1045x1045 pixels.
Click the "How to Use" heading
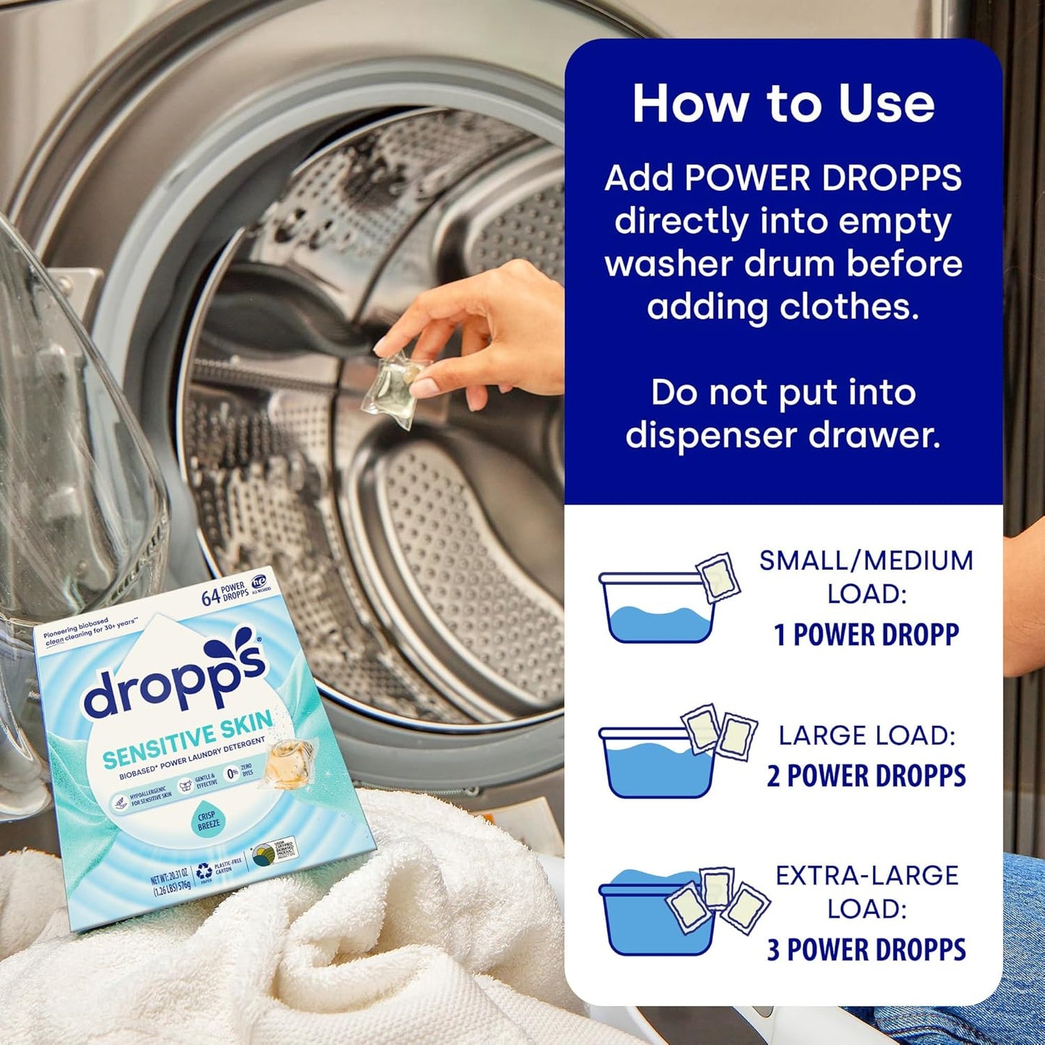[x=783, y=103]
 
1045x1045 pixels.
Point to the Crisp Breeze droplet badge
[x=208, y=819]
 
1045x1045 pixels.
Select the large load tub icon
[x=658, y=761]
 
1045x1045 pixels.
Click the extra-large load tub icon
[x=658, y=915]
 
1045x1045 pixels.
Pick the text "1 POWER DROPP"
[x=866, y=635]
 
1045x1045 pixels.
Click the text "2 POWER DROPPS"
[x=866, y=775]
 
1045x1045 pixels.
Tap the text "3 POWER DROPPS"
[x=866, y=950]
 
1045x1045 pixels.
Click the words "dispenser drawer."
[x=783, y=435]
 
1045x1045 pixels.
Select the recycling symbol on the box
[x=203, y=873]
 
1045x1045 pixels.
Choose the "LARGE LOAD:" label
[x=866, y=735]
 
